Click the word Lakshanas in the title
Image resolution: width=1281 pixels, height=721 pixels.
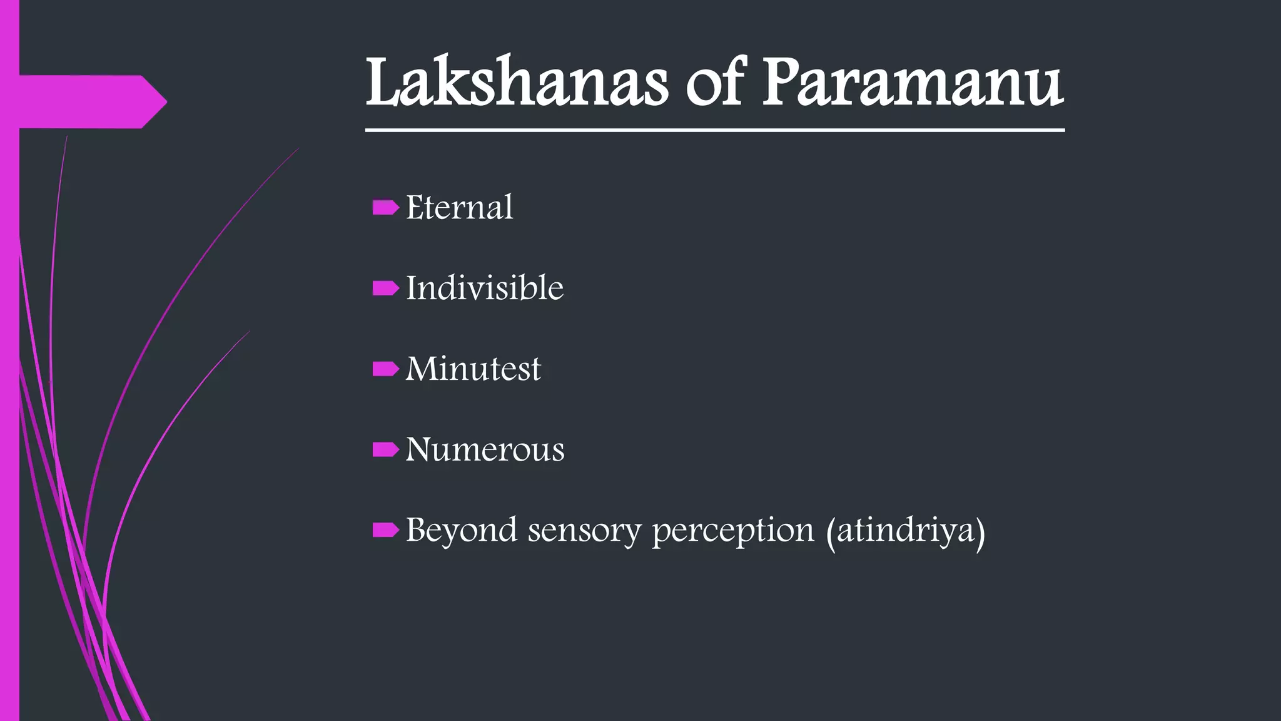(517, 83)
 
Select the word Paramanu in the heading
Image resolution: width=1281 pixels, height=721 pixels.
(912, 83)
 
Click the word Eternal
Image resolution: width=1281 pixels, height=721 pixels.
(459, 207)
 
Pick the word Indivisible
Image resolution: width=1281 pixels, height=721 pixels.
(484, 288)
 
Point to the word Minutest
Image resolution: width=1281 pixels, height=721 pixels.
(473, 369)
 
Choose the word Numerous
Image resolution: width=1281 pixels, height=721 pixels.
(485, 449)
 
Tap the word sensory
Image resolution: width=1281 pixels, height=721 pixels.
(584, 530)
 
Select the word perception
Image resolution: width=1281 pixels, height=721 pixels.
(733, 530)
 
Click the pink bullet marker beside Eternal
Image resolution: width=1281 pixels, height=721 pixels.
(385, 207)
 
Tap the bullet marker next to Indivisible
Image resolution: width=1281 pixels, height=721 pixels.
(385, 288)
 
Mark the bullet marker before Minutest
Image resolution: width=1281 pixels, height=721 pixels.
(385, 369)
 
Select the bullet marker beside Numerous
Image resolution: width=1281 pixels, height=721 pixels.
(385, 449)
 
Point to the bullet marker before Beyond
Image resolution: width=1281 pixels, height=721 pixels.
(385, 530)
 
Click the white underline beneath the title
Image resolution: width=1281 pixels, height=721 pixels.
(714, 130)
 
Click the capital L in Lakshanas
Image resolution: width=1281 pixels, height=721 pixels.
(383, 83)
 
